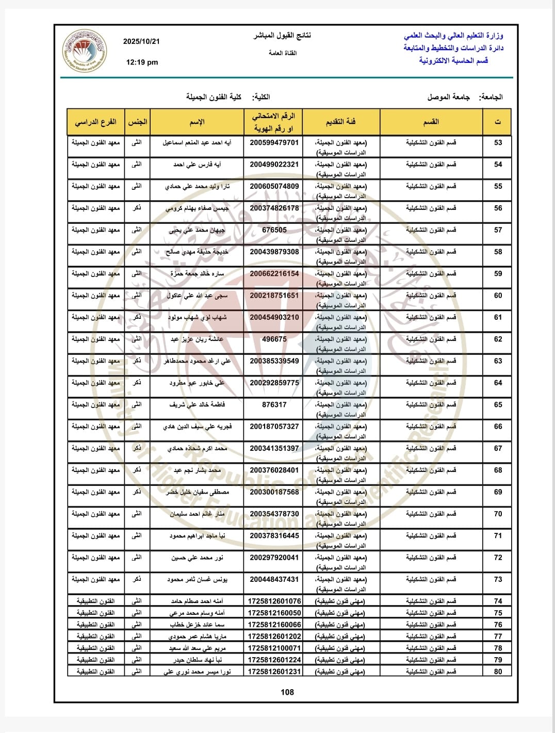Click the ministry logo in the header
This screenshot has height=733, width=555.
(85, 51)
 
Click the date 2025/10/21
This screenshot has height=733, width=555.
(141, 42)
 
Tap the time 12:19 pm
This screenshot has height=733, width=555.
(142, 62)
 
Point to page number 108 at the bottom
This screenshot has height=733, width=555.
(287, 692)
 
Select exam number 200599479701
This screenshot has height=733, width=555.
(274, 143)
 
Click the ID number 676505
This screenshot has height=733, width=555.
(274, 230)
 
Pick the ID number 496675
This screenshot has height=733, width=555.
(274, 339)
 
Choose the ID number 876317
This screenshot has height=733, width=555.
(274, 405)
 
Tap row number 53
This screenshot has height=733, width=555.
(498, 143)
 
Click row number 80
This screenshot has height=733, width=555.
(498, 672)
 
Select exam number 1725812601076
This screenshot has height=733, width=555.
(274, 601)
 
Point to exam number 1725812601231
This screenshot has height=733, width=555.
(274, 672)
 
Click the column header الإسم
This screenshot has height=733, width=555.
(197, 122)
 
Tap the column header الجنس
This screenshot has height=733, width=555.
(138, 122)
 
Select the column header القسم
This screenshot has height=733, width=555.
(431, 122)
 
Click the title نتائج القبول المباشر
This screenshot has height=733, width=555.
(282, 36)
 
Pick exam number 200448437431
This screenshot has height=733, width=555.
(274, 580)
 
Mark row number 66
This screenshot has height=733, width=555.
(498, 427)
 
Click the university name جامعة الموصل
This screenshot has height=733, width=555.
(448, 97)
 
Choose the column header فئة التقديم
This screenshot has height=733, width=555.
(341, 122)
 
